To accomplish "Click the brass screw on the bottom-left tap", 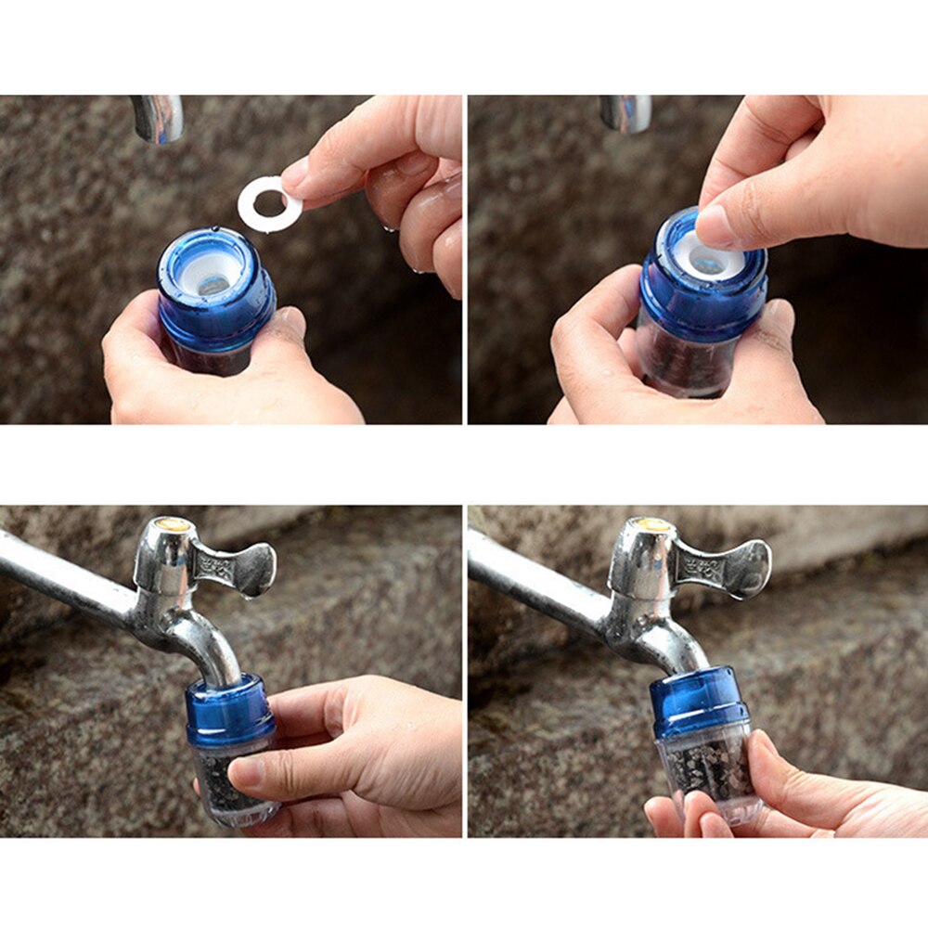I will coord(173,524).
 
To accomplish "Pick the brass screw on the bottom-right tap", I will coord(653,524).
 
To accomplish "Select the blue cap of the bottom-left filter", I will coord(227,715).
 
